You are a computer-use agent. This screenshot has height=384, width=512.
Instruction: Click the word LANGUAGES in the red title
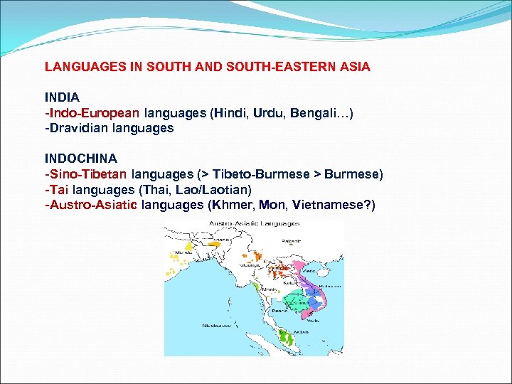click(80, 67)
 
